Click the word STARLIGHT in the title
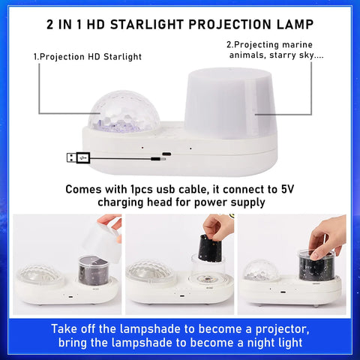[147, 25]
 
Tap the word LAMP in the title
[295, 25]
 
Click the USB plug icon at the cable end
[78, 157]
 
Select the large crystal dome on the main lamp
[124, 112]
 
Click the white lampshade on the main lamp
[229, 103]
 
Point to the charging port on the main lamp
[166, 154]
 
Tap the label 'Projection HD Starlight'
[88, 57]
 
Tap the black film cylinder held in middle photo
[210, 247]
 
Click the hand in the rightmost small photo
[327, 238]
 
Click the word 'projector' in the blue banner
[282, 329]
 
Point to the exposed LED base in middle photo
[207, 278]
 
